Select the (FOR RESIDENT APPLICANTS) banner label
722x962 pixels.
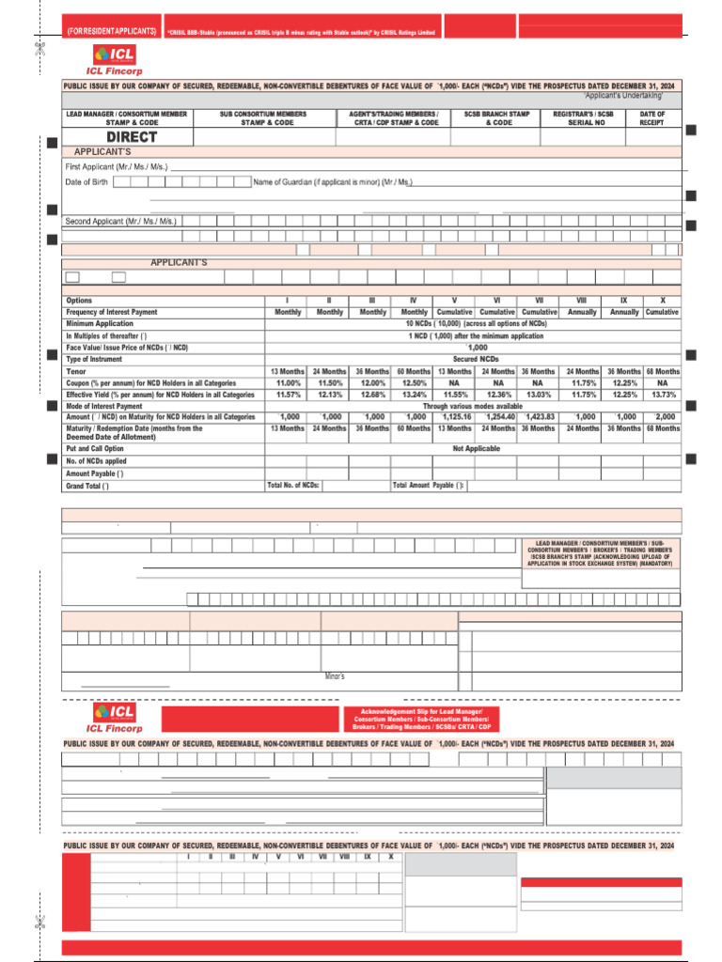click(x=111, y=32)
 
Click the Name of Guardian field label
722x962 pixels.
click(x=333, y=181)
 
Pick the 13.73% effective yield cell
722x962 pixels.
click(x=662, y=395)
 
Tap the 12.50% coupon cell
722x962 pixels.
click(x=415, y=383)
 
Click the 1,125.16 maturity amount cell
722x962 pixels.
click(x=455, y=416)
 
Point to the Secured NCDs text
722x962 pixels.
click(x=473, y=359)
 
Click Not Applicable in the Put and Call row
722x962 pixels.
click(x=476, y=448)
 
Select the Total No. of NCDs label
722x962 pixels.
click(x=294, y=486)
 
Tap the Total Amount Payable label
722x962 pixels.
click(x=429, y=486)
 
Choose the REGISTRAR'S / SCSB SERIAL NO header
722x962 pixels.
click(x=583, y=118)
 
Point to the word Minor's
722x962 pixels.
click(x=335, y=675)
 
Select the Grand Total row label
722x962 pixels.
click(x=87, y=486)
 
